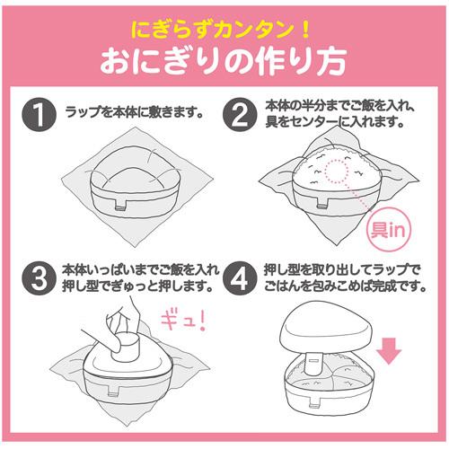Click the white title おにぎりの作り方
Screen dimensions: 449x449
pos(224,62)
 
